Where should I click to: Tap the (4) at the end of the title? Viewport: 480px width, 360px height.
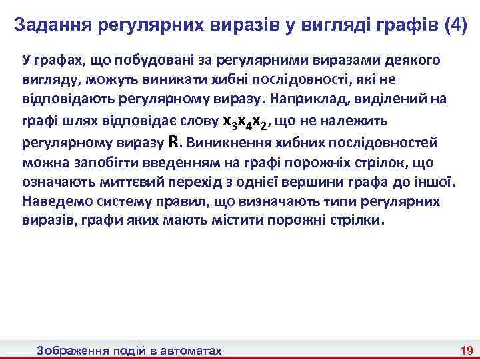[x=451, y=27]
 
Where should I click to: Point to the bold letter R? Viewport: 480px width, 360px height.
[x=174, y=142]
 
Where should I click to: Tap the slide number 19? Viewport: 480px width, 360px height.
[x=466, y=350]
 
